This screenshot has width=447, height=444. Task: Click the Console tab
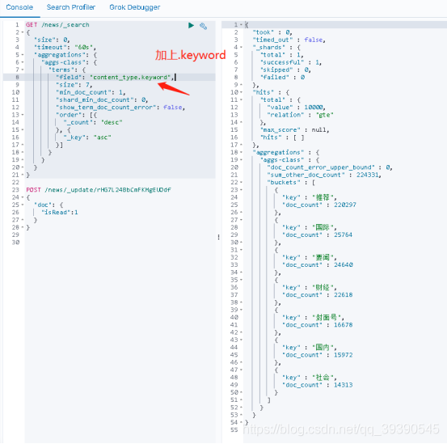[19, 7]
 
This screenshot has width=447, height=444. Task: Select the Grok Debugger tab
[134, 7]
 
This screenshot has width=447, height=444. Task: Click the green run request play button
[191, 25]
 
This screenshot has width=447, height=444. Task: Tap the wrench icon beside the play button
[203, 25]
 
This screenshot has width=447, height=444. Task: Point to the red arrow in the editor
[173, 86]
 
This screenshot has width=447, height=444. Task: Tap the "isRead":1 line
[60, 212]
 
